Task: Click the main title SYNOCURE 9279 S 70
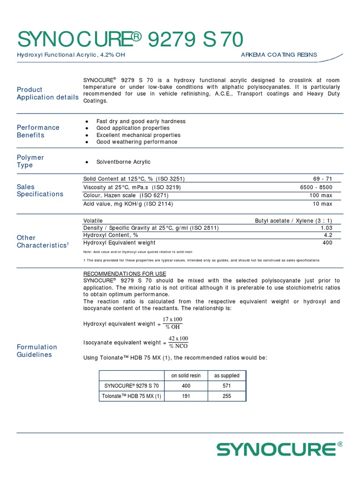tap(130, 40)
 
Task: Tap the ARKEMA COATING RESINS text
tap(278, 55)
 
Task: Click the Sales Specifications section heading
tap(40, 190)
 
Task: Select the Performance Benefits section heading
tap(38, 131)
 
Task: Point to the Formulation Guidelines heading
tap(37, 351)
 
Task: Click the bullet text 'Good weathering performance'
tap(136, 142)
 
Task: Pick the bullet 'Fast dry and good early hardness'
tap(141, 121)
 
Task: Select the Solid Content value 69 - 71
tap(322, 179)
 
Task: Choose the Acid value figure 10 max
tap(322, 204)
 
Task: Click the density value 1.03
tap(326, 228)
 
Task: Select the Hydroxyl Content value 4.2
tap(328, 235)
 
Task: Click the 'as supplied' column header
tap(226, 375)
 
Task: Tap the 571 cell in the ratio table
tap(226, 386)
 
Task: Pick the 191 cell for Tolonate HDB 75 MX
tap(186, 396)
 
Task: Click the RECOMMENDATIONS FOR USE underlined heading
tap(124, 274)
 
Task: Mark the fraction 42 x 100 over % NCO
tap(178, 342)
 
